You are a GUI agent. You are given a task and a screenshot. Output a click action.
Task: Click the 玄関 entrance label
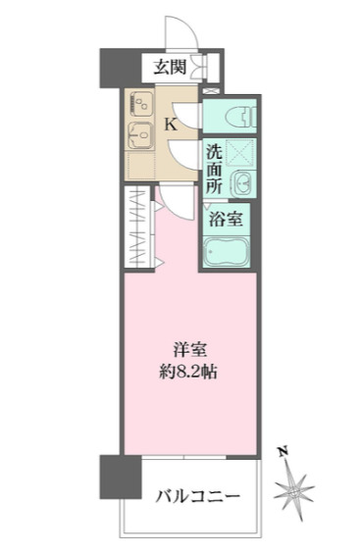(170, 67)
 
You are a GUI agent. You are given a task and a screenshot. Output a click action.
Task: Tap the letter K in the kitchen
(171, 125)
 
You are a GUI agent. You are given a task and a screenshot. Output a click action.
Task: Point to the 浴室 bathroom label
(226, 219)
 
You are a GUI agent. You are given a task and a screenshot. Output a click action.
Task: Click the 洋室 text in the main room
(189, 349)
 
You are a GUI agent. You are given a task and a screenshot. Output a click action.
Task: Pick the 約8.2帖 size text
(188, 372)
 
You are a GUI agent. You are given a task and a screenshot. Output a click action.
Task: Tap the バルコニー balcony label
(198, 496)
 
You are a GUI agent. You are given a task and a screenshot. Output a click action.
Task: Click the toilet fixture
(240, 116)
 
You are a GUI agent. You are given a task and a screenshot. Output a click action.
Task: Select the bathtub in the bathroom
(227, 251)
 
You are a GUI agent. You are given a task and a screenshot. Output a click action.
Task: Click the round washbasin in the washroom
(243, 183)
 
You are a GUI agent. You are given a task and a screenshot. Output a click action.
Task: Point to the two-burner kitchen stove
(141, 104)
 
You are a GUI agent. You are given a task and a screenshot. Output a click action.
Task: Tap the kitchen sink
(140, 135)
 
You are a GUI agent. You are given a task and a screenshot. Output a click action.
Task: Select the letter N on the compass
(283, 452)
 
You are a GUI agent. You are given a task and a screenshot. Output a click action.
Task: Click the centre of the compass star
(293, 491)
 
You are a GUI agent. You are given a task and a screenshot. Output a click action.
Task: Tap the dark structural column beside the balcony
(121, 477)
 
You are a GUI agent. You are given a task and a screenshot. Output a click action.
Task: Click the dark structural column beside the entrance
(121, 69)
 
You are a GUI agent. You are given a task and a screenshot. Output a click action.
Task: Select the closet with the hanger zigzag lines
(139, 227)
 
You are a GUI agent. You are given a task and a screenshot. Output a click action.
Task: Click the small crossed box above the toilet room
(212, 91)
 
